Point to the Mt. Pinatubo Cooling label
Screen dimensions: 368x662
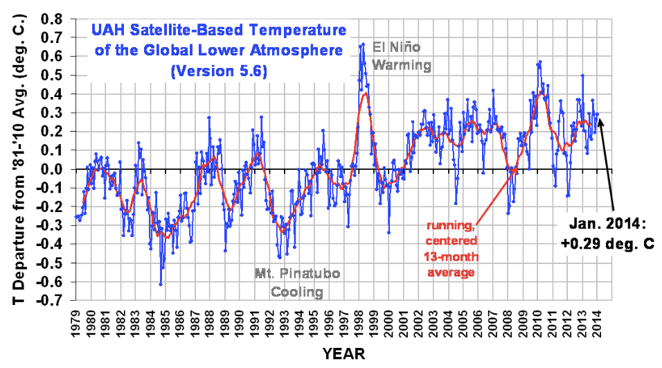tap(297, 283)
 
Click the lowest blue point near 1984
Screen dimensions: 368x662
tap(161, 284)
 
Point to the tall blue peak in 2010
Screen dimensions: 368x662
tap(539, 62)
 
